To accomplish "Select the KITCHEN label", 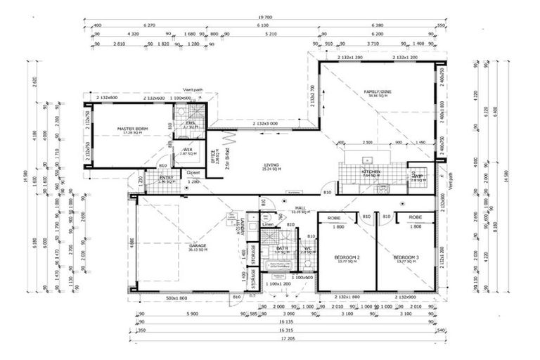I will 371,171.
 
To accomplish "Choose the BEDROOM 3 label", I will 406,257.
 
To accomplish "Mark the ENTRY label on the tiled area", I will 166,178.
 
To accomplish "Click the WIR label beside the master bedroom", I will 188,150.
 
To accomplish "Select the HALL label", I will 299,207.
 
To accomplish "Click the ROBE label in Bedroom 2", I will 335,218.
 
